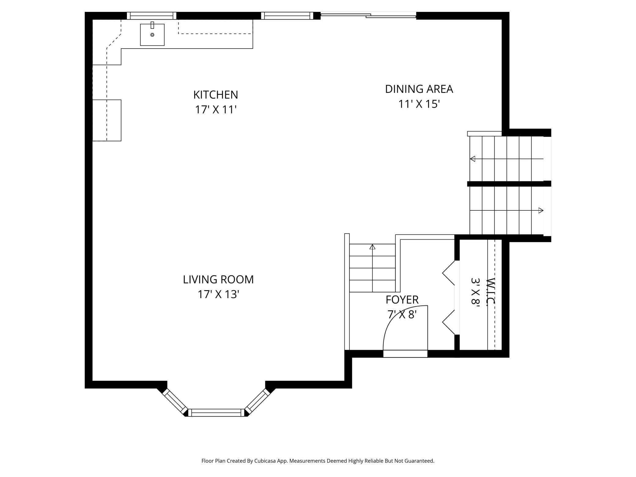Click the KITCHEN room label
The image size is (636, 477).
(x=216, y=95)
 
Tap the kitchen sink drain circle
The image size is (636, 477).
(x=152, y=35)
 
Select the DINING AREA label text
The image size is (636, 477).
(x=419, y=89)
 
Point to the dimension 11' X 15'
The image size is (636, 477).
(x=419, y=104)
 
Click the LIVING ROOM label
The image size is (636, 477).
(x=218, y=279)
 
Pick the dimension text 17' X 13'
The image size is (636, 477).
(x=218, y=294)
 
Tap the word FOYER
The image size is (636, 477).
(x=402, y=300)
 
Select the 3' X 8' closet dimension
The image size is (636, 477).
(x=475, y=292)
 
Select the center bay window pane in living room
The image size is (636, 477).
(x=216, y=412)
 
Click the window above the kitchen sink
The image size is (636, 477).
(x=152, y=16)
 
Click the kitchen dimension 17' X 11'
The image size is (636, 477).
(x=216, y=109)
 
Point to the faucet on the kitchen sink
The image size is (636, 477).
(x=152, y=25)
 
